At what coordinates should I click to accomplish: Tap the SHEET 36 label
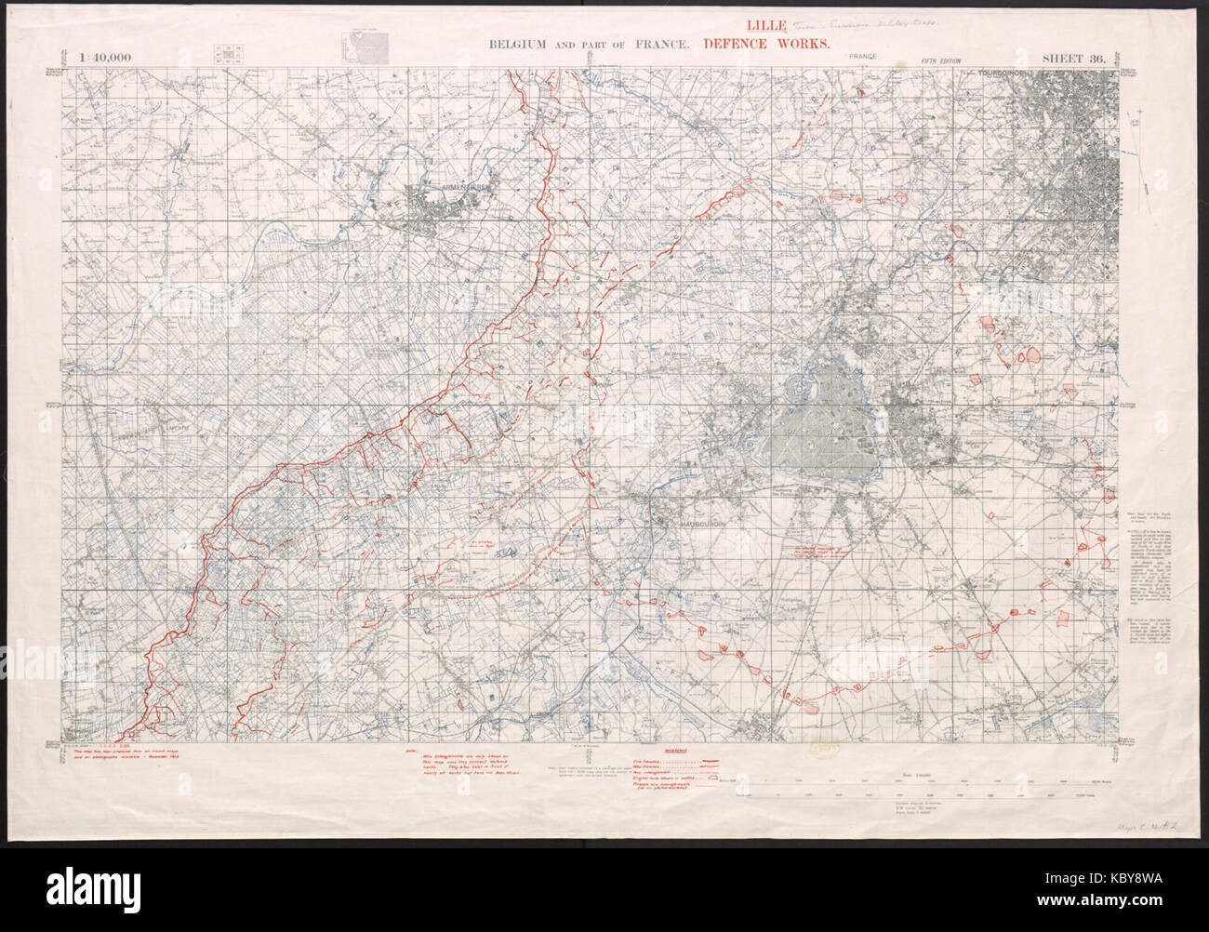point(1072,58)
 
